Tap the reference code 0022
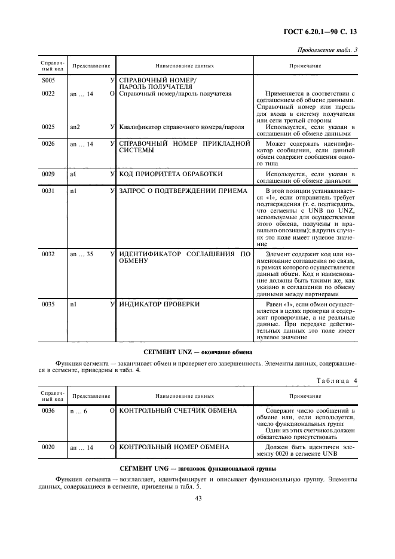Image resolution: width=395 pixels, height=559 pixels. pyautogui.click(x=48, y=94)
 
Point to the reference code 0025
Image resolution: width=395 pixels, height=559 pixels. pyautogui.click(x=48, y=127)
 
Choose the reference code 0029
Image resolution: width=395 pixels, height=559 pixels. pyautogui.click(x=48, y=174)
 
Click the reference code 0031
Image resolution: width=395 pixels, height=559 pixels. pyautogui.click(x=48, y=191)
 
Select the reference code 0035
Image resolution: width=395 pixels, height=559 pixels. pyautogui.click(x=48, y=305)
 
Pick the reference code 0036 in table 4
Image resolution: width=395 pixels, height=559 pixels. pyautogui.click(x=48, y=411)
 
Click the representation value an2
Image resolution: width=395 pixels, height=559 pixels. pyautogui.click(x=75, y=127)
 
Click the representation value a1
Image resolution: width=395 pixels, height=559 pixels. pyautogui.click(x=73, y=174)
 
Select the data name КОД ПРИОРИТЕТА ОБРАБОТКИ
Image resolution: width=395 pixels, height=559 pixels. pyautogui.click(x=171, y=174)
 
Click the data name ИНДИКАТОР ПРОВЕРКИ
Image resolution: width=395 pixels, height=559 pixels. pyautogui.click(x=160, y=305)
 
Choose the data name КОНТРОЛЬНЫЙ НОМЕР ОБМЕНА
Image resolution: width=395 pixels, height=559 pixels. pyautogui.click(x=174, y=447)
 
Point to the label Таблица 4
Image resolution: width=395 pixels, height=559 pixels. pyautogui.click(x=335, y=382)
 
